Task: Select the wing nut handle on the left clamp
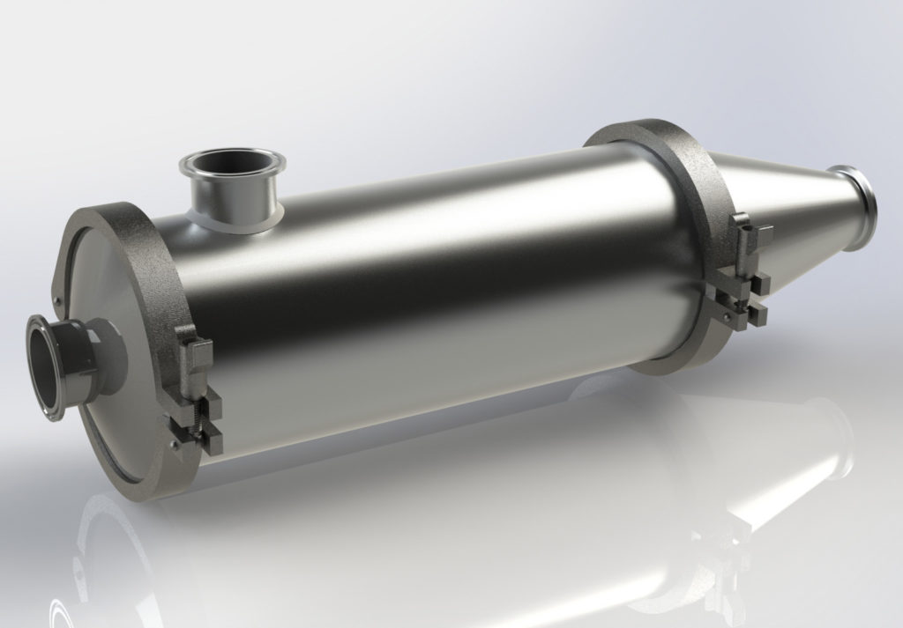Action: click(x=195, y=352)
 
